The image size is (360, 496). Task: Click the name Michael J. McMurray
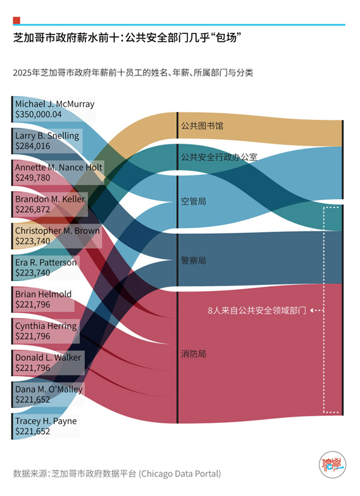pyautogui.click(x=55, y=104)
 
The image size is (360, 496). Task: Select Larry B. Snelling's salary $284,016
pyautogui.click(x=33, y=146)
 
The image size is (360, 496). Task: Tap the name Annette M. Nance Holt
pyautogui.click(x=58, y=167)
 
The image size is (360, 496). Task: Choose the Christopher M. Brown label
pyautogui.click(x=57, y=231)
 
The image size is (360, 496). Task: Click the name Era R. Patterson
pyautogui.click(x=46, y=263)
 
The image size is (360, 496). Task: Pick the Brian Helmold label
pyautogui.click(x=43, y=295)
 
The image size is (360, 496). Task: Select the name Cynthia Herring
pyautogui.click(x=46, y=326)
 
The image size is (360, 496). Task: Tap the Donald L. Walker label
pyautogui.click(x=48, y=358)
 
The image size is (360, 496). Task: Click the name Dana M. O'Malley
pyautogui.click(x=49, y=390)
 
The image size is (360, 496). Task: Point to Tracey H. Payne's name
pyautogui.click(x=46, y=421)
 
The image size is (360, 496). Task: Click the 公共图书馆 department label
pyautogui.click(x=202, y=126)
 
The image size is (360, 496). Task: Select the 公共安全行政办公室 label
pyautogui.click(x=219, y=157)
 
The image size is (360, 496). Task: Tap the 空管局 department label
pyautogui.click(x=193, y=201)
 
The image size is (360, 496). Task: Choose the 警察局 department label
pyautogui.click(x=193, y=261)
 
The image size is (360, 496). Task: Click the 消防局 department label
pyautogui.click(x=193, y=353)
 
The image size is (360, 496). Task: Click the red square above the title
pyautogui.click(x=16, y=20)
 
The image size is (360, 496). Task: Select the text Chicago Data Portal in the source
pyautogui.click(x=179, y=474)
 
